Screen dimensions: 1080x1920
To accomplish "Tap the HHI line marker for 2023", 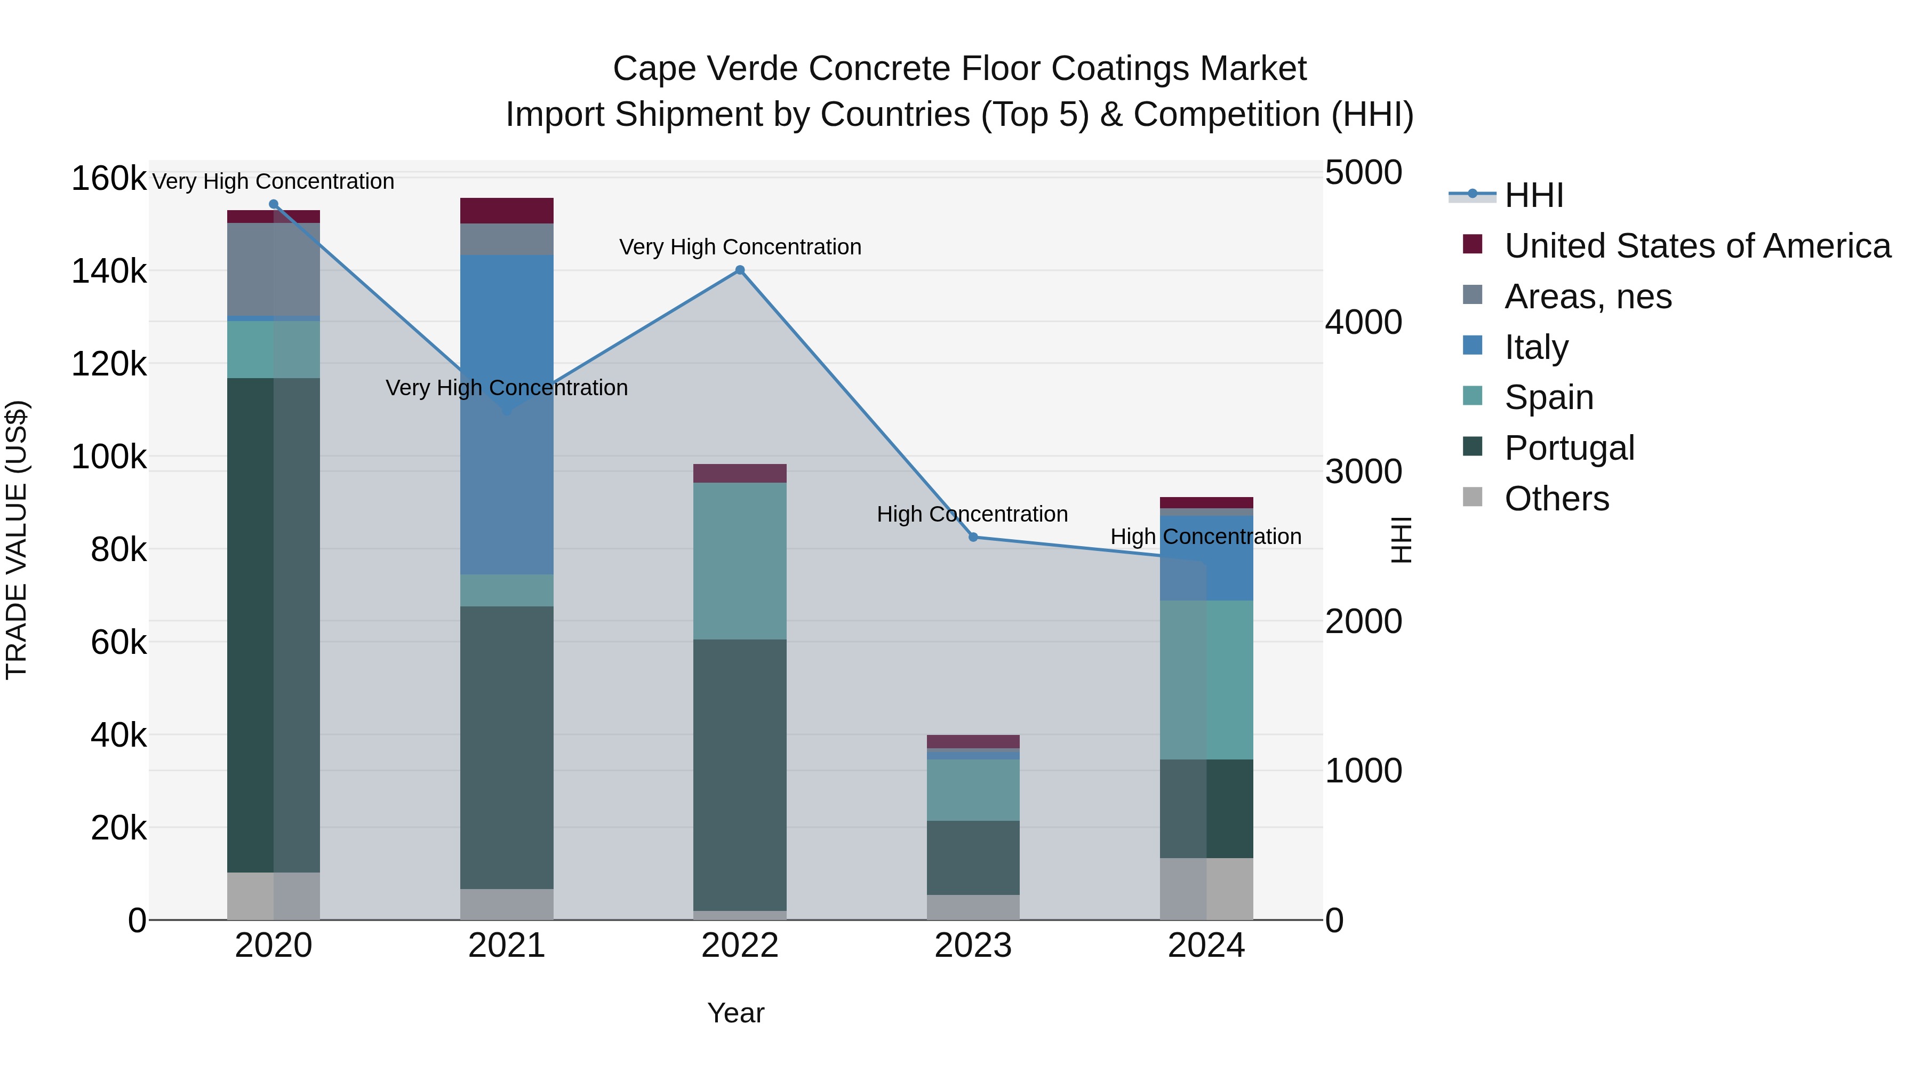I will pos(973,538).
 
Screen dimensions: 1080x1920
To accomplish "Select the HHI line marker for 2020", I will pos(274,204).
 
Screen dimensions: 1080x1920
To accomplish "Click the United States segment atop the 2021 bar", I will pos(507,211).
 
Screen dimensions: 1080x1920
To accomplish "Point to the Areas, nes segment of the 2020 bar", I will pos(274,269).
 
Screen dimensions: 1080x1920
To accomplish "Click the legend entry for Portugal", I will pos(1569,448).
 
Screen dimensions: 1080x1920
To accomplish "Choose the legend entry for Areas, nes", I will pos(1588,297).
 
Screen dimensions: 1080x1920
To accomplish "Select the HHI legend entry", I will pos(1533,195).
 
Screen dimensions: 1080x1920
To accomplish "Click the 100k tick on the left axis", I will pos(109,457).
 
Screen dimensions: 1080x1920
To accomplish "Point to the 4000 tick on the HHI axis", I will pos(1363,323).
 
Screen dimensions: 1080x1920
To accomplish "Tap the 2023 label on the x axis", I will pos(973,946).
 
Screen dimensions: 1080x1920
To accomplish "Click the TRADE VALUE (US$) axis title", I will pos(17,540).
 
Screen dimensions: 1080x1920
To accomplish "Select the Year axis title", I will pos(735,1013).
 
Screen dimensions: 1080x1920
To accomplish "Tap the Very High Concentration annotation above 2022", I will pos(740,247).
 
